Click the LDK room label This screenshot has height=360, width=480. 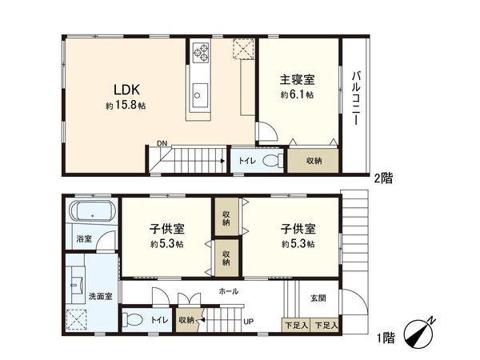123,89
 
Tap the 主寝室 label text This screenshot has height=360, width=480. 296,80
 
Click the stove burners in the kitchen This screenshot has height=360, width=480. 200,53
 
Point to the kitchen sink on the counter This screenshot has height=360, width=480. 198,94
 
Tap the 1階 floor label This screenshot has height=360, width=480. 384,338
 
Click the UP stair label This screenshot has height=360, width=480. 249,322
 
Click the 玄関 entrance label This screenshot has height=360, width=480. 318,298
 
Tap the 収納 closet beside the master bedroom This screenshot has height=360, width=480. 314,161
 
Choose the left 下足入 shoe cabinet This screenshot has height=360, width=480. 296,325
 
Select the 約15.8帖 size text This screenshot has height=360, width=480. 124,106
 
